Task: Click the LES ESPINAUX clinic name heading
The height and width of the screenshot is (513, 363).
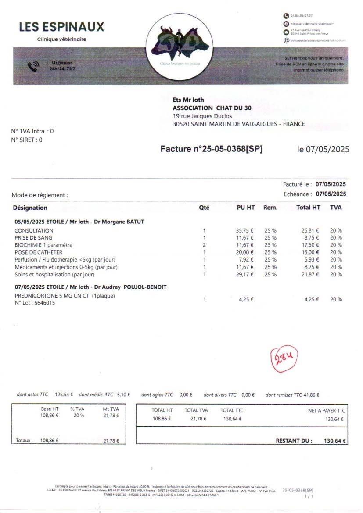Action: click(61, 27)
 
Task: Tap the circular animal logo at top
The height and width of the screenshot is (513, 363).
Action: click(180, 47)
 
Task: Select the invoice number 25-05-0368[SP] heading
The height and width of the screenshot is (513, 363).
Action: click(212, 149)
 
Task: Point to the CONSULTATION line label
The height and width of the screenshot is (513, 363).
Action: click(34, 230)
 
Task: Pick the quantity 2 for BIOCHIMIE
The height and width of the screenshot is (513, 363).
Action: click(204, 245)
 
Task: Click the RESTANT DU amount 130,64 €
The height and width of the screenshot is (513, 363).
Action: click(335, 441)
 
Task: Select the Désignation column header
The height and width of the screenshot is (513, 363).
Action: click(30, 208)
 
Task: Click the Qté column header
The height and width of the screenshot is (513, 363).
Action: click(204, 208)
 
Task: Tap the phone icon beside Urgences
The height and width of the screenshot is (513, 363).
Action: click(33, 66)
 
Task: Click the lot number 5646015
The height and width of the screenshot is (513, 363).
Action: click(42, 303)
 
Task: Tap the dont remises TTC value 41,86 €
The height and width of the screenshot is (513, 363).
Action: click(311, 395)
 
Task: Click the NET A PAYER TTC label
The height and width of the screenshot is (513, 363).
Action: click(327, 410)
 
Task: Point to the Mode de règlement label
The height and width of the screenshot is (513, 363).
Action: click(40, 195)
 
